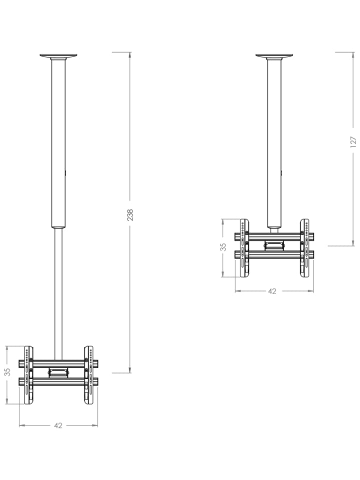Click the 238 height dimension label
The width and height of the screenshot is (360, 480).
(x=130, y=215)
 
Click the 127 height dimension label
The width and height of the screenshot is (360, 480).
(x=353, y=142)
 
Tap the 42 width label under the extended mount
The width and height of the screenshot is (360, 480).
(x=58, y=425)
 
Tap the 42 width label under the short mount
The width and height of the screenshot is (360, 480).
(x=272, y=291)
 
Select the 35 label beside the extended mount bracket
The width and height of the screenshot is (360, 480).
(x=7, y=371)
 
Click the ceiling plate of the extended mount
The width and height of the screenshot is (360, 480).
(x=58, y=56)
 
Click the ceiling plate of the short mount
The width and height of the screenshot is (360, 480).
(x=274, y=56)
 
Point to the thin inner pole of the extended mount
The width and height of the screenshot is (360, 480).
(x=58, y=294)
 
